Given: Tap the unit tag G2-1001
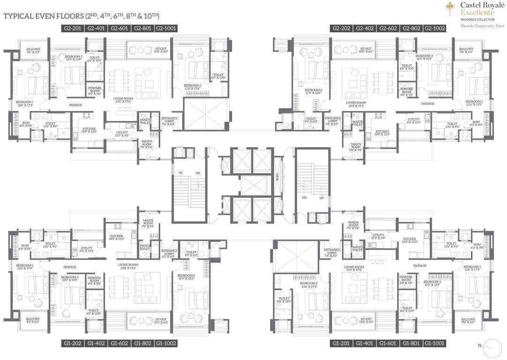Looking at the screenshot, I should (x=166, y=29).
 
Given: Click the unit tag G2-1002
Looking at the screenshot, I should (x=434, y=29).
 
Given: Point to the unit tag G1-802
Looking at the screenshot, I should (x=142, y=344).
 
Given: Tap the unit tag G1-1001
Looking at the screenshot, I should (x=434, y=344).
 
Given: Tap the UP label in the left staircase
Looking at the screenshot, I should (x=180, y=173).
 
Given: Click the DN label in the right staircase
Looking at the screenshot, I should (x=304, y=198).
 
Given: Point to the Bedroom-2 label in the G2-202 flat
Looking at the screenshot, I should (x=313, y=91).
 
